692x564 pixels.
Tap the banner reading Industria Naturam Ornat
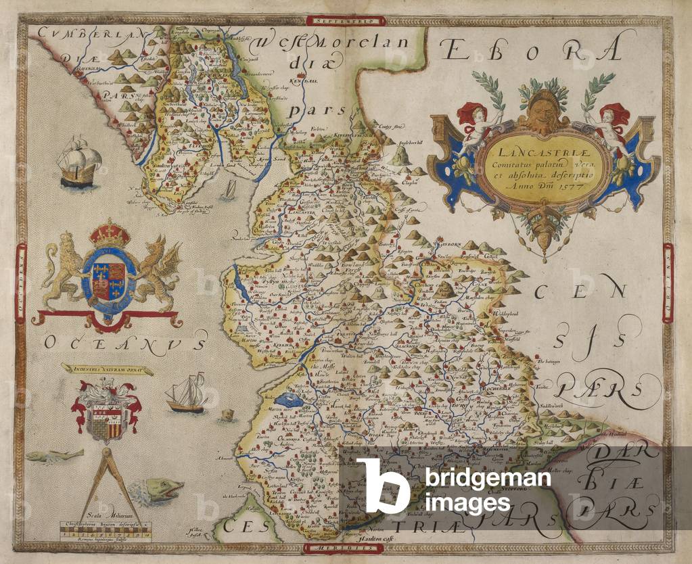click(107, 369)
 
